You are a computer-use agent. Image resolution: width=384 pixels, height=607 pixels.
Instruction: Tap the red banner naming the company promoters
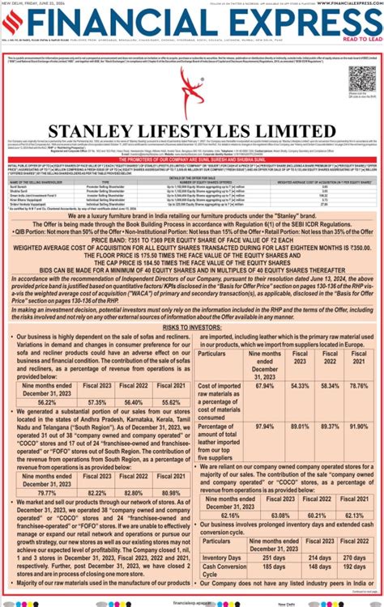coord(192,159)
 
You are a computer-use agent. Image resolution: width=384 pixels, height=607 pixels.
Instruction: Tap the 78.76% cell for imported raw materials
coord(357,386)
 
